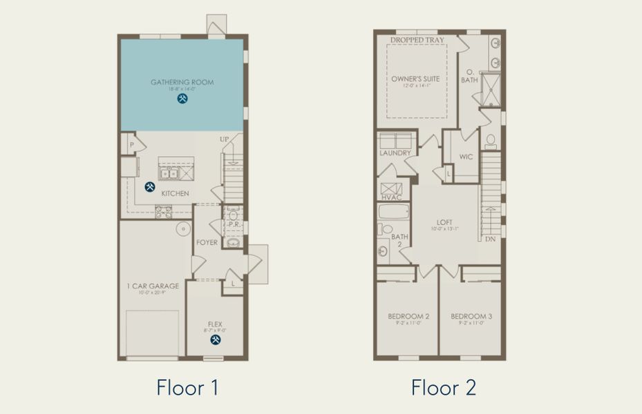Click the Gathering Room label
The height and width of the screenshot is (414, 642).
coord(182,82)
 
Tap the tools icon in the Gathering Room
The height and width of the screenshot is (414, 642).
coord(182,99)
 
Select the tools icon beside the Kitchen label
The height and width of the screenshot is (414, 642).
coord(150,186)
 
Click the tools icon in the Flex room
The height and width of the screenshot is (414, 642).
coord(216,339)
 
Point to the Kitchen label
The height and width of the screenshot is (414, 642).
coord(175,194)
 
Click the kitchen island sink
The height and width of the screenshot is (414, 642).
coord(170,172)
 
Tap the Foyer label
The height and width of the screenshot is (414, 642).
coord(207,243)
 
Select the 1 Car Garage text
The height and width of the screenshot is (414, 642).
coord(153,286)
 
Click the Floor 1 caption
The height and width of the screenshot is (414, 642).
coord(187,388)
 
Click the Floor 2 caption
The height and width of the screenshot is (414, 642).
coord(443,388)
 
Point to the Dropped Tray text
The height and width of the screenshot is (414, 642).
coord(417,41)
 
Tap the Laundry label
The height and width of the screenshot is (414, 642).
coord(395,153)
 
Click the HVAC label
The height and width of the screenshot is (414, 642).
coord(391,197)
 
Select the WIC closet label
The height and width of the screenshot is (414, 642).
coord(466,157)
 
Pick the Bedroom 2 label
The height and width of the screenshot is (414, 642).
coord(408,317)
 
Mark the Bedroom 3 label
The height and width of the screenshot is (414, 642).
coord(471,317)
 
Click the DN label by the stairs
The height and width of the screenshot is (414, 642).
coord(491,239)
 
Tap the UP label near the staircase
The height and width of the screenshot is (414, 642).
coord(224,139)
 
